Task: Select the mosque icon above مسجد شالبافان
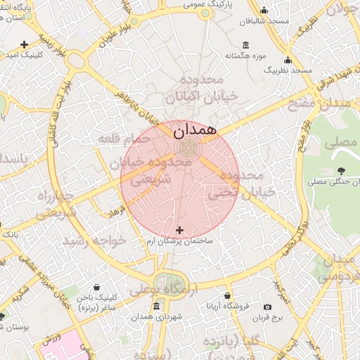(264, 10)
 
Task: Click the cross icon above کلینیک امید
(25, 44)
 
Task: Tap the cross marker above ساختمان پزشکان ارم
(179, 230)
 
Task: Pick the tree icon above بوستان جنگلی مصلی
(341, 171)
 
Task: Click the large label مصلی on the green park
(340, 142)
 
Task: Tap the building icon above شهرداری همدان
(155, 306)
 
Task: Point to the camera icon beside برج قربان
(267, 307)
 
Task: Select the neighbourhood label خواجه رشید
(95, 240)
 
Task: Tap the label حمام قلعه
(125, 139)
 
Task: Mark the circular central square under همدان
(187, 148)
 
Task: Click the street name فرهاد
(115, 210)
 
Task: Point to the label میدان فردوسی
(340, 267)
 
